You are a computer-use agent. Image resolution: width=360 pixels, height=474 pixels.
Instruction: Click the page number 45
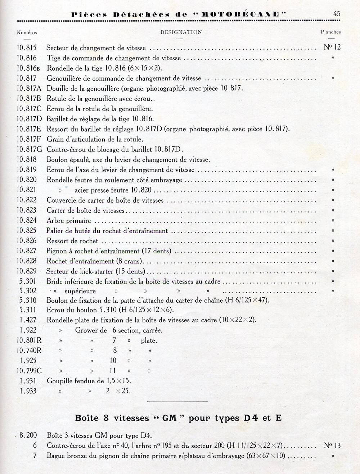(337, 14)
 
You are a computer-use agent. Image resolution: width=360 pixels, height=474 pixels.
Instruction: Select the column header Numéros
(27, 32)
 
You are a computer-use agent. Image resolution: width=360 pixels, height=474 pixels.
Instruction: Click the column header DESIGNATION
(181, 32)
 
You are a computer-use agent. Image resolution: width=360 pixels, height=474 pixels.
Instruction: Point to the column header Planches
(330, 32)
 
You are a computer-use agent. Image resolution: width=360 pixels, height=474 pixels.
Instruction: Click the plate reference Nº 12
(332, 47)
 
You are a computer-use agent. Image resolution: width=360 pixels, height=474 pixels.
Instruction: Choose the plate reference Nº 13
(332, 446)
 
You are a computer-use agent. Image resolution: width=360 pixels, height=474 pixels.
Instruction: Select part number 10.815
(27, 48)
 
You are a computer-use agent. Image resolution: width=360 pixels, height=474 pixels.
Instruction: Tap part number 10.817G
(29, 149)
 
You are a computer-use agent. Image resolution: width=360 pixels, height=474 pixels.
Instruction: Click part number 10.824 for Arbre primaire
(27, 220)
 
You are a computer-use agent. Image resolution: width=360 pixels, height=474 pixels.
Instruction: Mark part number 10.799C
(29, 370)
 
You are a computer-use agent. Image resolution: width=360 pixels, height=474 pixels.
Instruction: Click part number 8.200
(28, 435)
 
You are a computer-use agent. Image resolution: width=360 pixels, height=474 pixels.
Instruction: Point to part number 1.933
(28, 391)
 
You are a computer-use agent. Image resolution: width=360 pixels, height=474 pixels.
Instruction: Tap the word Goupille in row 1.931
(60, 380)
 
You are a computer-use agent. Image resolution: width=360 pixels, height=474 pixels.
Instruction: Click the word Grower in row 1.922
(87, 330)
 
